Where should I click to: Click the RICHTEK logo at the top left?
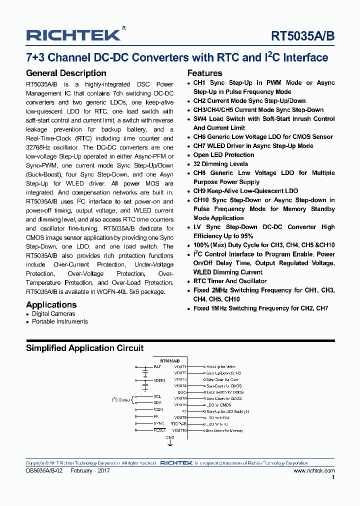(x=73, y=34)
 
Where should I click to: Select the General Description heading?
(x=66, y=73)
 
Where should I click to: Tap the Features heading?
(x=204, y=73)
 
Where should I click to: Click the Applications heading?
(x=51, y=304)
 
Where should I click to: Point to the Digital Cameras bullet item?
(x=53, y=313)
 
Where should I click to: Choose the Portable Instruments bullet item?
(x=59, y=321)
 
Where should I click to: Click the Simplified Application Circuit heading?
(x=84, y=348)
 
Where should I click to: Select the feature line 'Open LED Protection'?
(x=223, y=155)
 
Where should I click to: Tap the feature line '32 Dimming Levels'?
(x=220, y=164)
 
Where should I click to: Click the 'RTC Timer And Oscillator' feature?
(x=230, y=281)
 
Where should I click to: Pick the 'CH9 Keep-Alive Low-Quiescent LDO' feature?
(x=245, y=191)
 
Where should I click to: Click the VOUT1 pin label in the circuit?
(x=180, y=367)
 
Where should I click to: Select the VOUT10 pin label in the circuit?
(x=179, y=430)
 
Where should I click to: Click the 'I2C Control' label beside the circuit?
(x=120, y=399)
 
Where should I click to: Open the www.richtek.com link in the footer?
(x=314, y=471)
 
